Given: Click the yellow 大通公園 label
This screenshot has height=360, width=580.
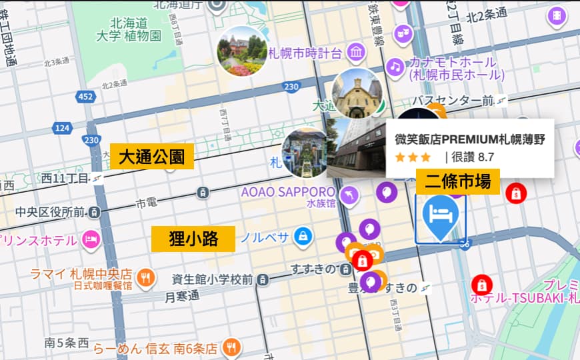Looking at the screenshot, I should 151,157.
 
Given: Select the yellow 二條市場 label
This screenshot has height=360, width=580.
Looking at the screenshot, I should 457,181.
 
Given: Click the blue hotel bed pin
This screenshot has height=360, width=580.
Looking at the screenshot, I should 440,217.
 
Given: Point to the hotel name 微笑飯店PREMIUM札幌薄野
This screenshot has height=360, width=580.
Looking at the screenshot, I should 469,139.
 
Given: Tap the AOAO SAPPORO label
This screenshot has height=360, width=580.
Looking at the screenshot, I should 287,192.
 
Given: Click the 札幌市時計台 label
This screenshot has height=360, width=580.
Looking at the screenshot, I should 305,53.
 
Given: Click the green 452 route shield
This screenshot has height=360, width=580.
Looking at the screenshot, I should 85,97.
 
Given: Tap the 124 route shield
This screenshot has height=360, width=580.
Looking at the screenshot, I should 62,127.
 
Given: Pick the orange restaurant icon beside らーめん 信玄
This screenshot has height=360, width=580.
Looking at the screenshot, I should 231,347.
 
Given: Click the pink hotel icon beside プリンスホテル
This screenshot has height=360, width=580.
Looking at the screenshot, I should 91,238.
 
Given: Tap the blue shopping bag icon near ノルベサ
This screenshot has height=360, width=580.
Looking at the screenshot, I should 303,237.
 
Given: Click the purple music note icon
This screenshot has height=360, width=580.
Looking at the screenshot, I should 395,66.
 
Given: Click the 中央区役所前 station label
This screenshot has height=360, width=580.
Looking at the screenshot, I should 50,212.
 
